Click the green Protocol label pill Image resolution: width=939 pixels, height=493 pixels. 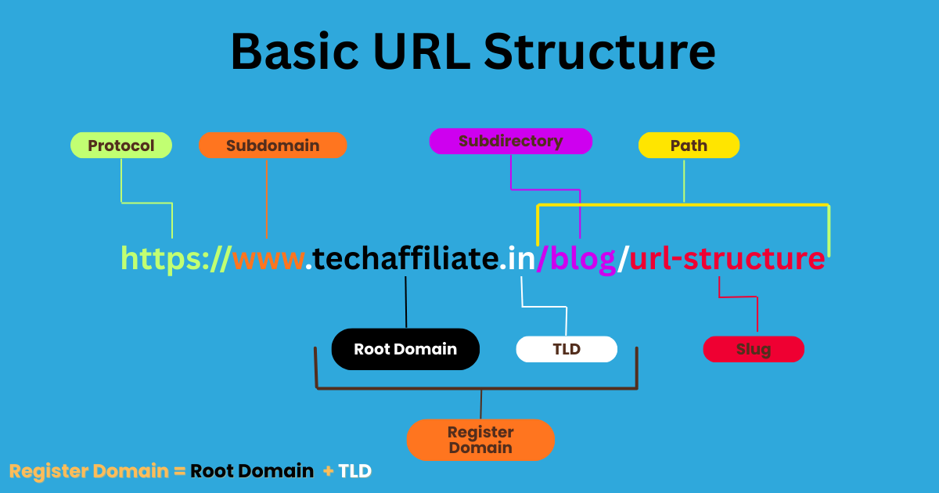121,146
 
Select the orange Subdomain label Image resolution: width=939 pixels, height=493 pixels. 272,146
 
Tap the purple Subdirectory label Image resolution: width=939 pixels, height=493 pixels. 510,142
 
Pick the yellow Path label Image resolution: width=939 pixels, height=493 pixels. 689,146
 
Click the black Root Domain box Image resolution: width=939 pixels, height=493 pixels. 405,349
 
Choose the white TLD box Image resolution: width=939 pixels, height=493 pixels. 567,349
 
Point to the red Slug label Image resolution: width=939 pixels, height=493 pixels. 754,349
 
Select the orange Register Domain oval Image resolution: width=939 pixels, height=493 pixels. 480,440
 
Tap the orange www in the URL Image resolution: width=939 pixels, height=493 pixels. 268,258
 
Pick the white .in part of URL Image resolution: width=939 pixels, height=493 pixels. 518,258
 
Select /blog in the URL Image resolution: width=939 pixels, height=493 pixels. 577,258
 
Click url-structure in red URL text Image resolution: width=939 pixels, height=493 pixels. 726,258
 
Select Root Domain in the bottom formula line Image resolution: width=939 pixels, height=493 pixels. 252,471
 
